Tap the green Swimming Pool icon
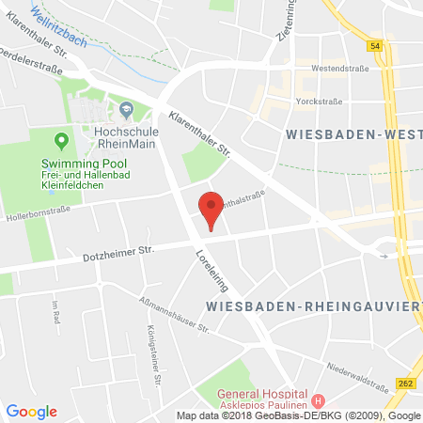click(62, 142)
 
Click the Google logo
click(31, 411)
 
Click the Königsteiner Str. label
click(151, 351)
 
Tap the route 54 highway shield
click(375, 45)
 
